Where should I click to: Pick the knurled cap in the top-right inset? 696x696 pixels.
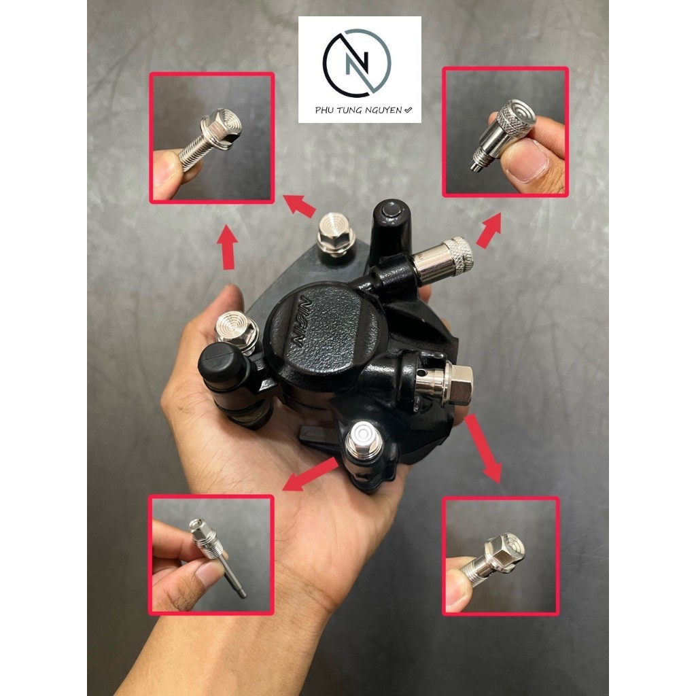pyautogui.click(x=515, y=120)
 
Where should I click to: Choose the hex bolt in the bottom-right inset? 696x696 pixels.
pyautogui.click(x=500, y=554)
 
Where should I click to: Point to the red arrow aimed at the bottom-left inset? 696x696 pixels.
pyautogui.click(x=309, y=475)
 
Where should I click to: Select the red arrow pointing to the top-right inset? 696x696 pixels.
pyautogui.click(x=489, y=230)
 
